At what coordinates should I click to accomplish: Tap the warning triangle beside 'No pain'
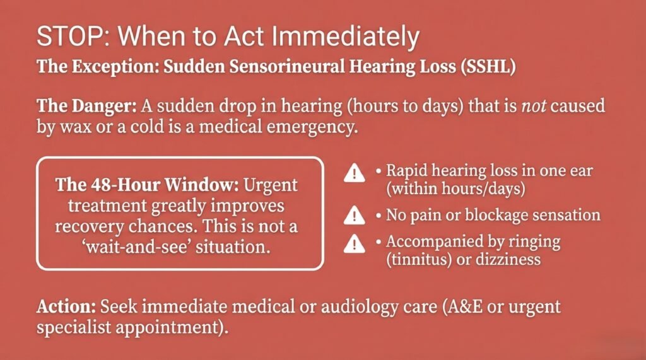pyautogui.click(x=354, y=216)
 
